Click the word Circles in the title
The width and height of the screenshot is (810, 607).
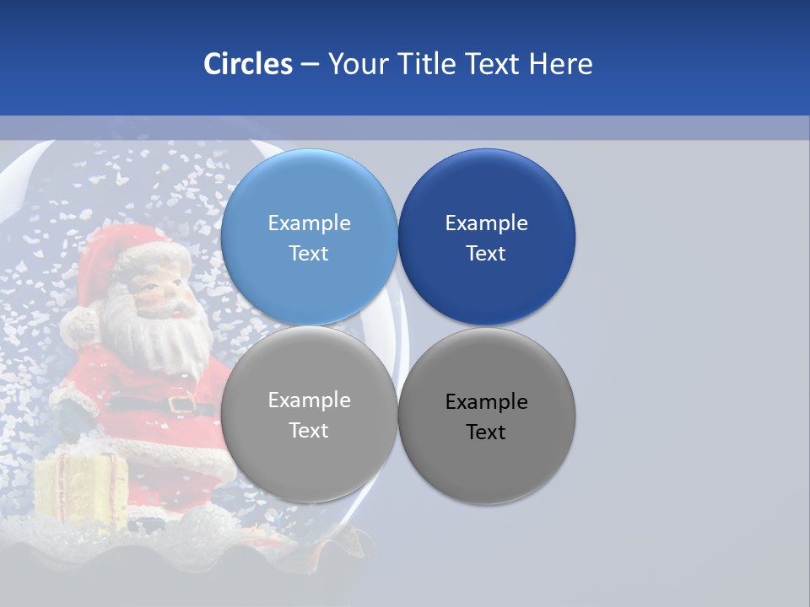(247, 64)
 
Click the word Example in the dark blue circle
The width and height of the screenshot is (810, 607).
(486, 223)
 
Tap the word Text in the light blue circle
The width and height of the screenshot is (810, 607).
(309, 254)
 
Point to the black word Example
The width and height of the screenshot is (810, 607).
(486, 402)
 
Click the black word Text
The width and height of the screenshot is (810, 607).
(486, 432)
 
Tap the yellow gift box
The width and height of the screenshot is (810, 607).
(80, 489)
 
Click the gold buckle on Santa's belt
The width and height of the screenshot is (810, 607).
(181, 404)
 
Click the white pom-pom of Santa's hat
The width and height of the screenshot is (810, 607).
(80, 325)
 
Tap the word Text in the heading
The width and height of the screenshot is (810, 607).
(494, 64)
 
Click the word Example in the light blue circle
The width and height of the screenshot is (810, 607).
(309, 223)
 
